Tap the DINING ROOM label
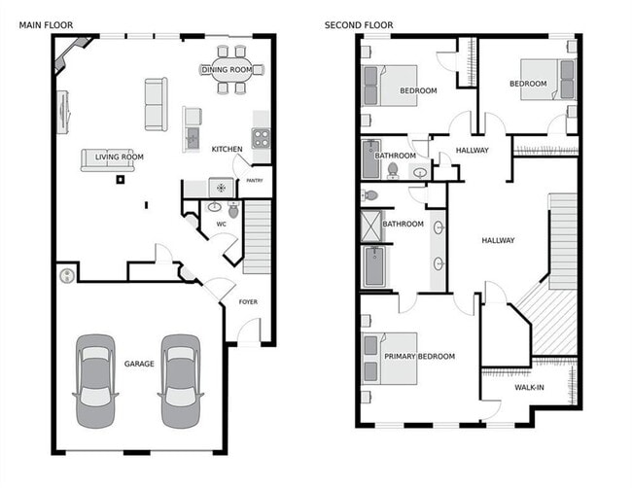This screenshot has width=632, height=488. [x=227, y=70]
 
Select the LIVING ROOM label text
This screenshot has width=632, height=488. [x=113, y=157]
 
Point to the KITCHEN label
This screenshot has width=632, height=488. [x=227, y=149]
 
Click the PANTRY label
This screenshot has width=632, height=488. [x=255, y=180]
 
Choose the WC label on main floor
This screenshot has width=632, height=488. [x=221, y=225]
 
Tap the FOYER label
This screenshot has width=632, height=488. [x=249, y=302]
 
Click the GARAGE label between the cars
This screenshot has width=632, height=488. [x=139, y=364]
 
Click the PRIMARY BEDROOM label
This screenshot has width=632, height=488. [x=419, y=357]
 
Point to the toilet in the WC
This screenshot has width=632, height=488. [x=233, y=209]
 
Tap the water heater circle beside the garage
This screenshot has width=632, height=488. [x=67, y=275]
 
